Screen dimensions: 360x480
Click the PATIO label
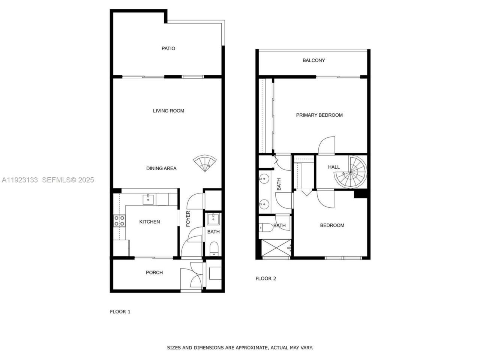pyautogui.click(x=168, y=48)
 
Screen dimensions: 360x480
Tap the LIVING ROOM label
pyautogui.click(x=168, y=111)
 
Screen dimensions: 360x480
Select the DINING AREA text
pyautogui.click(x=161, y=168)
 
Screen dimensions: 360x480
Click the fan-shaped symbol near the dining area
pyautogui.click(x=205, y=163)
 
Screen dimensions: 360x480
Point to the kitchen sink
pyautogui.click(x=148, y=199)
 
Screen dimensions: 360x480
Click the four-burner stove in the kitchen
pyautogui.click(x=119, y=221)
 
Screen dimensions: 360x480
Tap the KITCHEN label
pyautogui.click(x=150, y=222)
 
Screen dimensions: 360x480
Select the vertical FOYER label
pyautogui.click(x=188, y=219)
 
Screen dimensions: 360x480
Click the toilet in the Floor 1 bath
pyautogui.click(x=214, y=249)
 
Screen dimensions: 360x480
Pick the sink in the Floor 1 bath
pyautogui.click(x=214, y=218)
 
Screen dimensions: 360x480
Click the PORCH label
pyautogui.click(x=154, y=273)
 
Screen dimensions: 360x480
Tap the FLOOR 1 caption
pyautogui.click(x=120, y=312)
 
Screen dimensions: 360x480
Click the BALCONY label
pyautogui.click(x=313, y=60)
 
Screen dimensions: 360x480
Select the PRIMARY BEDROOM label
pyautogui.click(x=319, y=115)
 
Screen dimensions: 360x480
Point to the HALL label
pyautogui.click(x=334, y=167)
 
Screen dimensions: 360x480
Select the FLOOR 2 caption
pyautogui.click(x=265, y=279)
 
